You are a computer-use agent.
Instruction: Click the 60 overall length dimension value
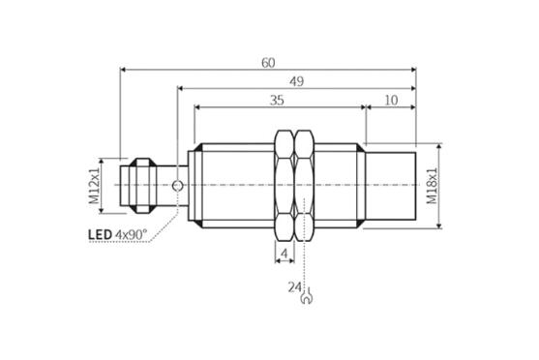(x=268, y=63)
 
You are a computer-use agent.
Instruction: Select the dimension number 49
(x=296, y=82)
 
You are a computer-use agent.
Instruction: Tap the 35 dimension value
(x=277, y=101)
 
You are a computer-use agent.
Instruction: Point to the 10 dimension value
(x=391, y=101)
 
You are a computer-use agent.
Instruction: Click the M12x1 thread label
(x=94, y=186)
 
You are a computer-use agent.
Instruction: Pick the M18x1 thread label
(x=432, y=186)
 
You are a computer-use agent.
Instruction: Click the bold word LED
(x=100, y=235)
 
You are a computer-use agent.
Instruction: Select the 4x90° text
(x=131, y=234)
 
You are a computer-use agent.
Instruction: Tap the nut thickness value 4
(x=284, y=254)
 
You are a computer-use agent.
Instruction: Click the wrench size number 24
(x=294, y=287)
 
